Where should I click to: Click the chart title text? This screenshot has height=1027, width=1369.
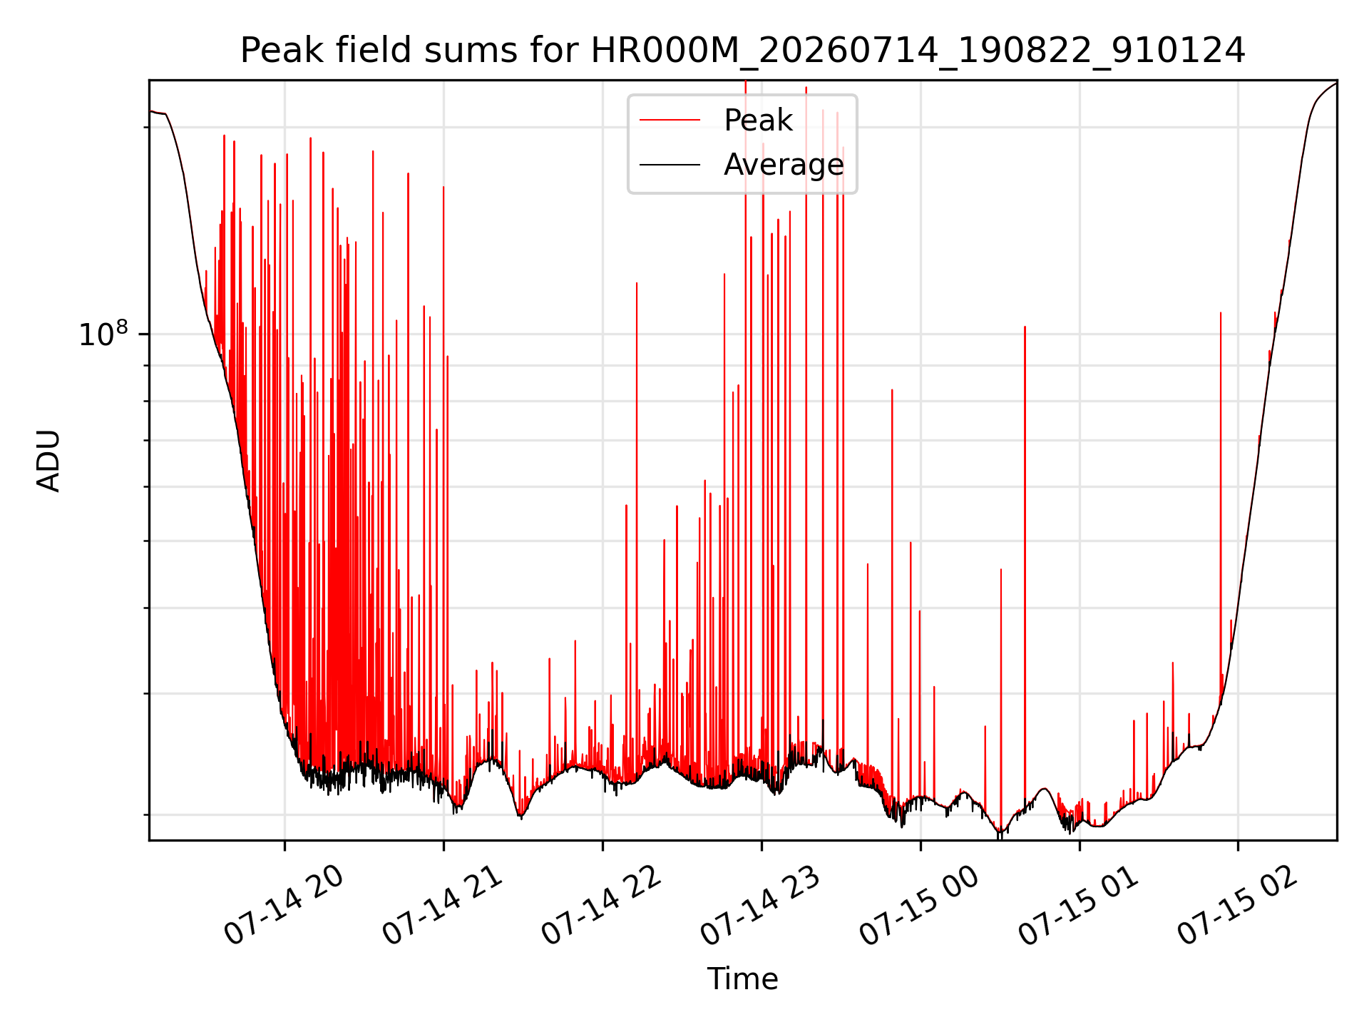(742, 51)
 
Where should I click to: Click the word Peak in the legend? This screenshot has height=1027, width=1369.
(758, 121)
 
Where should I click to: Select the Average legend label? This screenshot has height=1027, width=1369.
(784, 165)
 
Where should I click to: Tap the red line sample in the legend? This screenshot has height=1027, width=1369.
(670, 121)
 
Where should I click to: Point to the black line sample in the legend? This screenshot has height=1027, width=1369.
(670, 165)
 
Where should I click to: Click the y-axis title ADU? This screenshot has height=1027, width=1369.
(48, 461)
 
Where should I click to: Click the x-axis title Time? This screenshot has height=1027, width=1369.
(742, 979)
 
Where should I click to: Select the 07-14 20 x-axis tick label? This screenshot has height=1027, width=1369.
(284, 906)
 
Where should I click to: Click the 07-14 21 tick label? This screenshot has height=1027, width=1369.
(443, 906)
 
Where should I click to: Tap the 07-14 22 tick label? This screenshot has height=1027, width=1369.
(602, 906)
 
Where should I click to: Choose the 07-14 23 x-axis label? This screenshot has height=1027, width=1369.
(761, 906)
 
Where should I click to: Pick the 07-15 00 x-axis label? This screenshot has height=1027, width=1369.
(920, 906)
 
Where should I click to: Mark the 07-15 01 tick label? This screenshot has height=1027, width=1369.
(1079, 906)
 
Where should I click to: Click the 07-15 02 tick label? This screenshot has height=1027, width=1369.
(1238, 906)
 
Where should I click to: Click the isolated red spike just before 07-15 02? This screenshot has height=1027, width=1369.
(1221, 499)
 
